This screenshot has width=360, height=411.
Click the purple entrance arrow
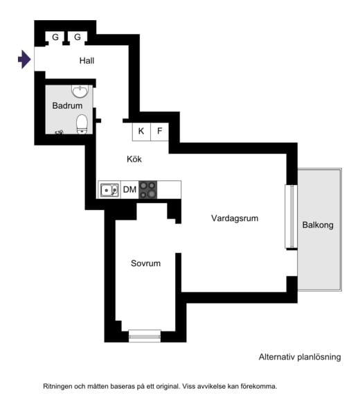point(24,59)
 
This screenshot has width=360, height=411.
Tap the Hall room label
point(87,61)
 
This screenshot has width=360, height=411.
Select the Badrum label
point(67,105)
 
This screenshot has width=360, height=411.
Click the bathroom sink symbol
point(80,91)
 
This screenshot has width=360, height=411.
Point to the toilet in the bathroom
point(82,124)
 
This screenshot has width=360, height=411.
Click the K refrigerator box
point(141,132)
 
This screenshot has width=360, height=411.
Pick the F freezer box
point(159,132)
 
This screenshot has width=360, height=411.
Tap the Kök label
point(134,159)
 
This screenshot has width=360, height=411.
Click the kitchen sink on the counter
point(109,190)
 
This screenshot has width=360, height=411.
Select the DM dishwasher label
point(129,189)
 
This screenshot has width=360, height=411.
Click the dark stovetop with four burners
point(148,189)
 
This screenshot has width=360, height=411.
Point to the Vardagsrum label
point(235,218)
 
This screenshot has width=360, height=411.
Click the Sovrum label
point(145,263)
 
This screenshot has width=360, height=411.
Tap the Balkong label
point(318,225)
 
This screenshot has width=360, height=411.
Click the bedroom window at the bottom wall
point(145,335)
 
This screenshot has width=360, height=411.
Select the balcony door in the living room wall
point(291,216)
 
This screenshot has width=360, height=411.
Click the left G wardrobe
point(55,37)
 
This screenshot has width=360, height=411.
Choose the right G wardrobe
point(78,37)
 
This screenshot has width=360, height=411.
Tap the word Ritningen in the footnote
point(57,386)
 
